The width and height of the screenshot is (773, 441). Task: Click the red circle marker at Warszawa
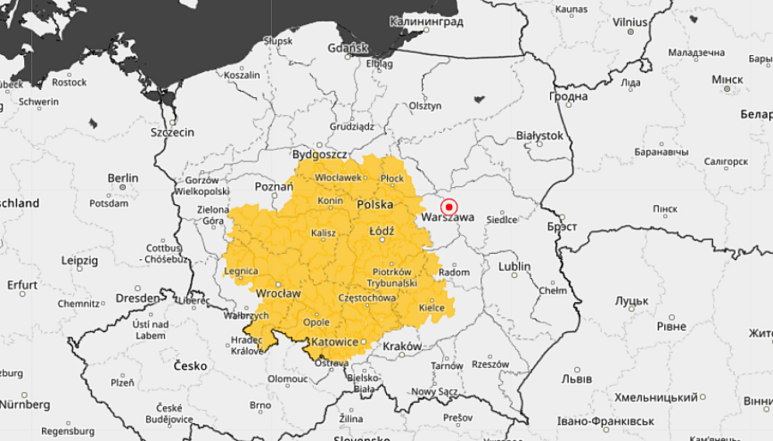pos(448,207)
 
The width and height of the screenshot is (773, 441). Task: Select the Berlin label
pos(123,178)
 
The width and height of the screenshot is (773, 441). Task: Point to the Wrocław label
pos(278,293)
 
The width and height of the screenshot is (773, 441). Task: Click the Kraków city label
pos(402,346)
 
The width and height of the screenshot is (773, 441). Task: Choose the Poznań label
pos(273,187)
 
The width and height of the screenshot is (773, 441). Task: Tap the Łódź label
pos(381,231)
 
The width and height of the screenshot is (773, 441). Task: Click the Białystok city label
pos(539,135)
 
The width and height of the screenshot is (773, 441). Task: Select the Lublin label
pos(514,266)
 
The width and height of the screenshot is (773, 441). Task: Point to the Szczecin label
pos(172,132)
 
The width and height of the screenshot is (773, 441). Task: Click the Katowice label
pos(334,342)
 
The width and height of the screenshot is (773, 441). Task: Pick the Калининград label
pos(427,22)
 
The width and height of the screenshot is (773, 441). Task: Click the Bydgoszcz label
pos(319,154)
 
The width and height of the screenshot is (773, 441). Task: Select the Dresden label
pos(138,297)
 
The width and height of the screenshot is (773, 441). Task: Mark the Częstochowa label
pos(367,297)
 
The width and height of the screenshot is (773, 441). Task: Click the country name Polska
pos(374,204)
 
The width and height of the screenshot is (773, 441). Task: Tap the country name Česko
pos(190,365)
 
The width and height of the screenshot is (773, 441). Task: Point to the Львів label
pos(576,379)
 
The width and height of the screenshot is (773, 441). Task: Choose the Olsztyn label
pos(425,106)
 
